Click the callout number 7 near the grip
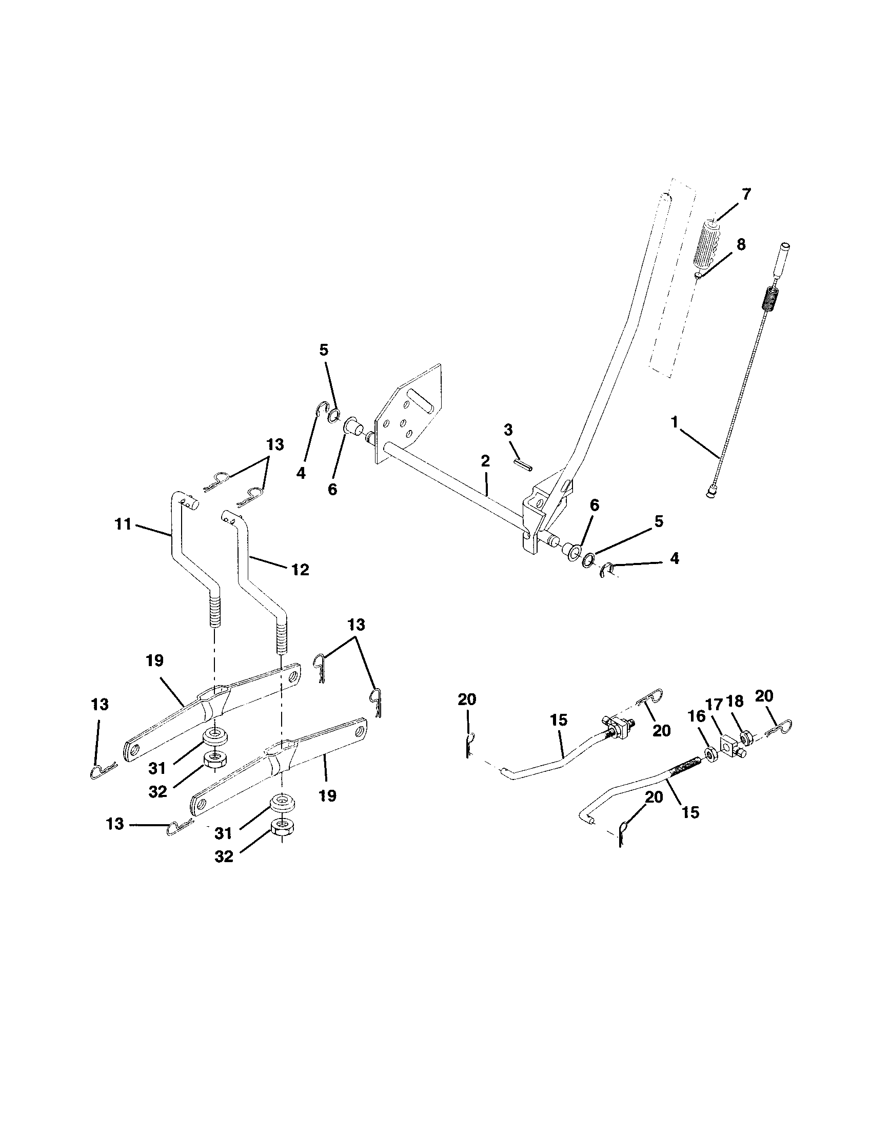pos(745,194)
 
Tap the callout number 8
pos(741,244)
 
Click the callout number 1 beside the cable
pos(674,422)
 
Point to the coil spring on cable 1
pos(770,306)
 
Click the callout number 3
pos(508,430)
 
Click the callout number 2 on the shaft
pos(485,461)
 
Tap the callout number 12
pos(300,570)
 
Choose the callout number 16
pos(696,715)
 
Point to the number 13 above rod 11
pos(275,444)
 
